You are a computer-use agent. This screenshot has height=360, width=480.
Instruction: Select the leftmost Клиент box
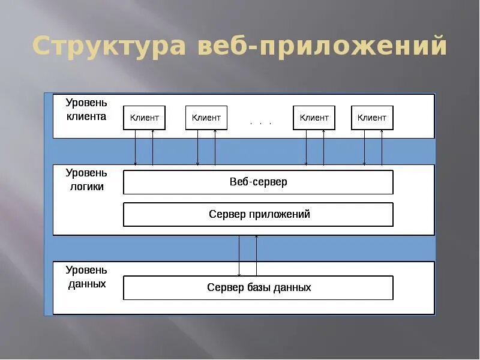click(x=145, y=118)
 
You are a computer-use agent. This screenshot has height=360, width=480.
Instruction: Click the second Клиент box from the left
click(x=206, y=118)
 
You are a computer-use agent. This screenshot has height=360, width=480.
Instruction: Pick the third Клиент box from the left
click(x=314, y=118)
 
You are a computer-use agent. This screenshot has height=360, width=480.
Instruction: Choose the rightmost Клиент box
click(x=372, y=118)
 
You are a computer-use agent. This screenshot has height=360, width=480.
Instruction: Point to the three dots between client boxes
click(x=261, y=123)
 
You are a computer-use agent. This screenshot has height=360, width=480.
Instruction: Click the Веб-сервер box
click(x=258, y=182)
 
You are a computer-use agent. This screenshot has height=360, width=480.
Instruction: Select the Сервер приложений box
click(x=258, y=214)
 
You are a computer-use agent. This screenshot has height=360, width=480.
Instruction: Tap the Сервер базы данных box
click(x=258, y=287)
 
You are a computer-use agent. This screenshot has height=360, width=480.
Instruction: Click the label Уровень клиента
click(x=86, y=110)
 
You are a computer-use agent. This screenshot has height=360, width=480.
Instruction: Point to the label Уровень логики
click(x=85, y=179)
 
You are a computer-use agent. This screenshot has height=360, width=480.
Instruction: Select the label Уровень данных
click(x=86, y=277)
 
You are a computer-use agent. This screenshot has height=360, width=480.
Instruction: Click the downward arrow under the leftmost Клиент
click(x=136, y=148)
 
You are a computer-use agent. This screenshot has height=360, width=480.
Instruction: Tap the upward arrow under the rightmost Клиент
click(x=382, y=148)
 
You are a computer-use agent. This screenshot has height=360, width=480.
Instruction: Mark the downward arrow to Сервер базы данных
click(x=239, y=255)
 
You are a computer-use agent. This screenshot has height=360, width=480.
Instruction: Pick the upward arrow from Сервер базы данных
click(x=257, y=255)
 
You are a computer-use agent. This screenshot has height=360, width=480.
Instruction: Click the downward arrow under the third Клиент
click(x=306, y=148)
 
